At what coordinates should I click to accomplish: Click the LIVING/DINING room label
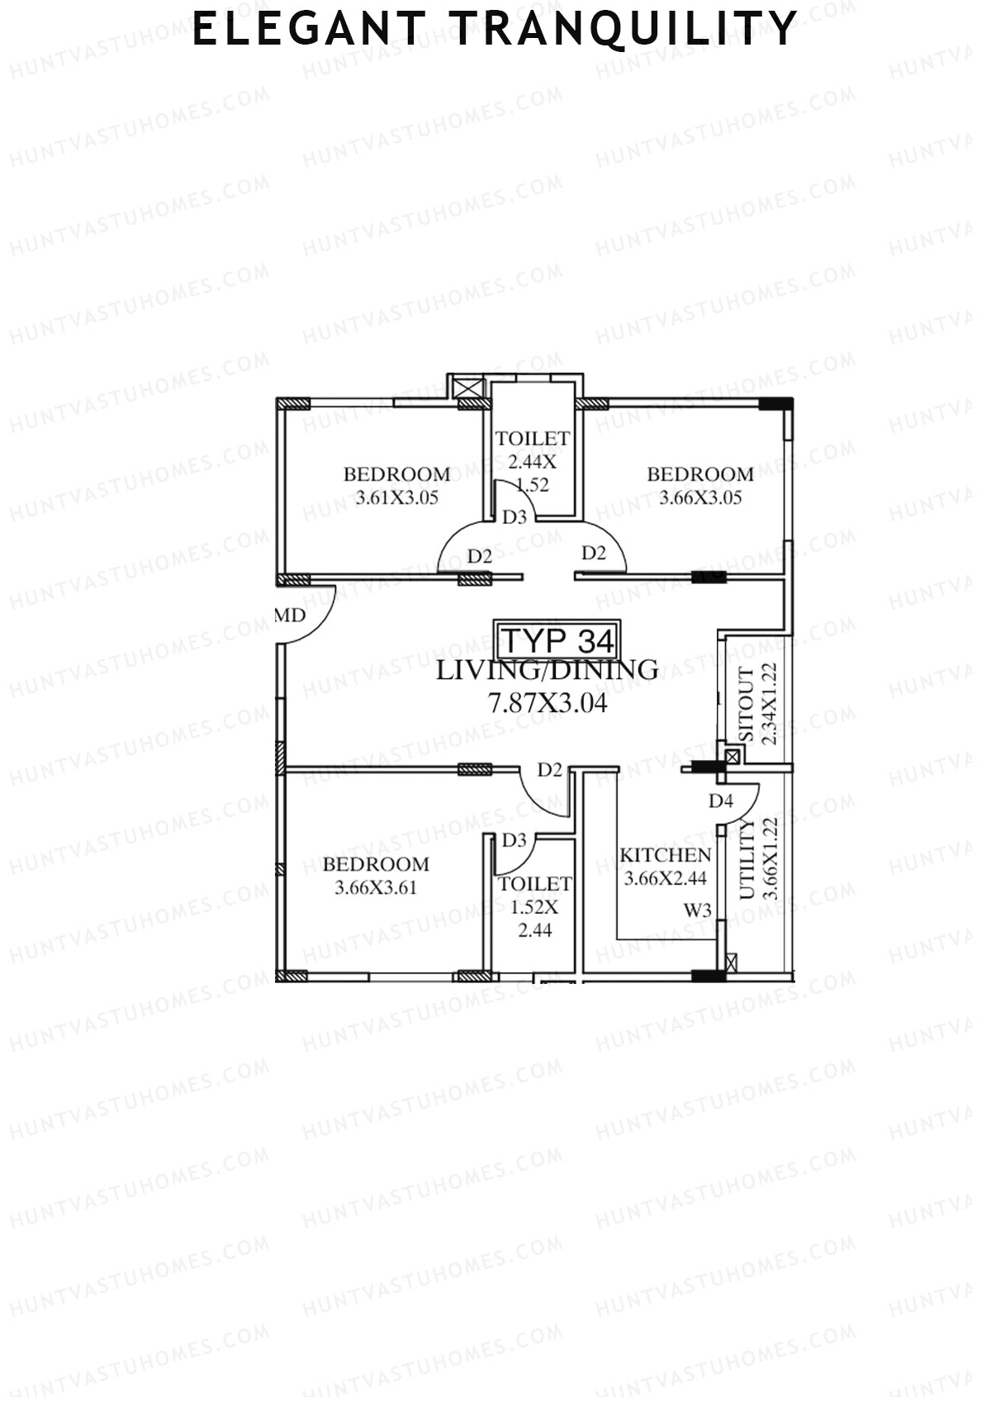tap(547, 670)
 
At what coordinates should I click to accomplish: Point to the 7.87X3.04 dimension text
tap(548, 704)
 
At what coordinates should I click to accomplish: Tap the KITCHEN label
tap(665, 856)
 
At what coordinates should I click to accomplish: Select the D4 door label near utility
tap(720, 801)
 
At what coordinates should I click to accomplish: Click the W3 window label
tap(697, 910)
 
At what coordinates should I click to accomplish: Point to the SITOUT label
tap(747, 705)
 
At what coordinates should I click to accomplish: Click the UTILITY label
tap(747, 859)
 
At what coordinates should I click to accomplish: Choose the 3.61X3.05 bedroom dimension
tap(396, 498)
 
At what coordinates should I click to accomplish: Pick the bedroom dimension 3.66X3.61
tap(376, 889)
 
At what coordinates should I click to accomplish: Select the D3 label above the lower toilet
tap(514, 840)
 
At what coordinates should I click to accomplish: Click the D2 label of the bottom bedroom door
tap(550, 770)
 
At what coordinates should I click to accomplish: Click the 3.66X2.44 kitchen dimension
tap(665, 879)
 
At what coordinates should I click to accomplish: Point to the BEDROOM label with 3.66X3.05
tap(699, 474)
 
